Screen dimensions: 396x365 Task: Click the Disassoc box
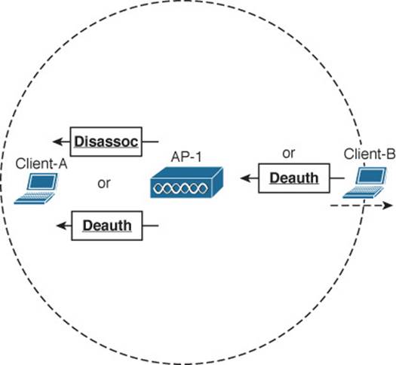click(x=106, y=141)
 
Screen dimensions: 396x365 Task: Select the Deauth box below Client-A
click(x=107, y=226)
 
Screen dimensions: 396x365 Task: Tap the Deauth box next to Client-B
click(x=294, y=178)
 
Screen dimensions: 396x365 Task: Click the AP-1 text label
click(x=186, y=157)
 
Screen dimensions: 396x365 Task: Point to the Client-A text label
click(x=41, y=164)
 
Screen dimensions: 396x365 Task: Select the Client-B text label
click(x=370, y=154)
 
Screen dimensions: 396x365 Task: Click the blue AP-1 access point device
click(x=186, y=182)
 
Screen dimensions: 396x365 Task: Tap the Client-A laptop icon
click(x=36, y=188)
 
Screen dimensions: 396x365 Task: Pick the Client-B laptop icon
click(x=364, y=183)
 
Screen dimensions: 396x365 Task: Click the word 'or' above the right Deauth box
click(x=288, y=154)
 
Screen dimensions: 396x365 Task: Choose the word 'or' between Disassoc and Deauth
click(x=104, y=183)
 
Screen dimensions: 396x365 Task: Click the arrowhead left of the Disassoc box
click(x=57, y=141)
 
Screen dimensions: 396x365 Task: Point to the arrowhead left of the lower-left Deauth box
click(x=61, y=226)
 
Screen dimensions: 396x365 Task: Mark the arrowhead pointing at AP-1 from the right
click(x=245, y=178)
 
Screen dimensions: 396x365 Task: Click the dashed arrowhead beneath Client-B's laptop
click(x=388, y=205)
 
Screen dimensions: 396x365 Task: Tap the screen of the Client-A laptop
click(x=42, y=181)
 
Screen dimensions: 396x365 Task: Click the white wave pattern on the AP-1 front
click(x=180, y=188)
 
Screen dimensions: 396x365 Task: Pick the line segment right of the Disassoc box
click(x=150, y=141)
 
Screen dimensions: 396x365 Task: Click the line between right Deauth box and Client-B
click(x=337, y=178)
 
